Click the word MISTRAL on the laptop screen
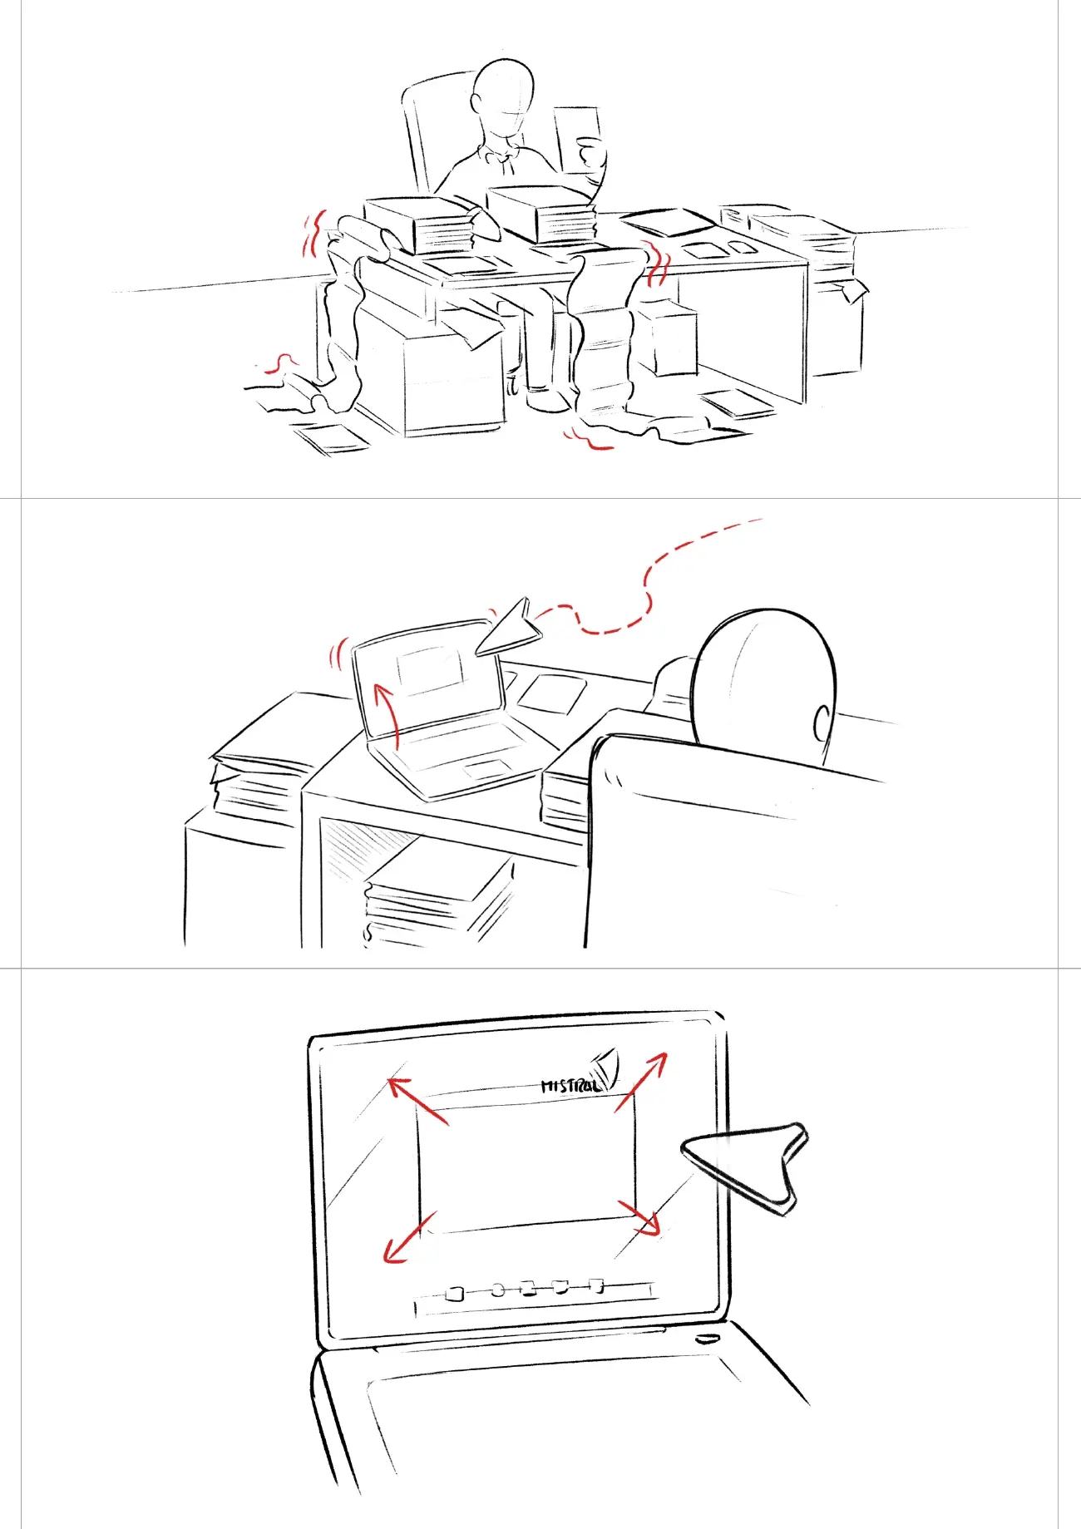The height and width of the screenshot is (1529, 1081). pyautogui.click(x=570, y=1086)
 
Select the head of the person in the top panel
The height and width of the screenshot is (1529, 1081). pyautogui.click(x=502, y=95)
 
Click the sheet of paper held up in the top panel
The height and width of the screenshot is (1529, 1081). pyautogui.click(x=575, y=137)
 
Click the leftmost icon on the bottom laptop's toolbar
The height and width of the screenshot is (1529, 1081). pyautogui.click(x=454, y=1294)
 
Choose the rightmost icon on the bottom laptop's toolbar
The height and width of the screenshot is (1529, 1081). pyautogui.click(x=596, y=1285)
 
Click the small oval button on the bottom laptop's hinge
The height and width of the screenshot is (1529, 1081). pyautogui.click(x=707, y=1339)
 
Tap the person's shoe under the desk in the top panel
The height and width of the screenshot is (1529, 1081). pyautogui.click(x=549, y=402)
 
